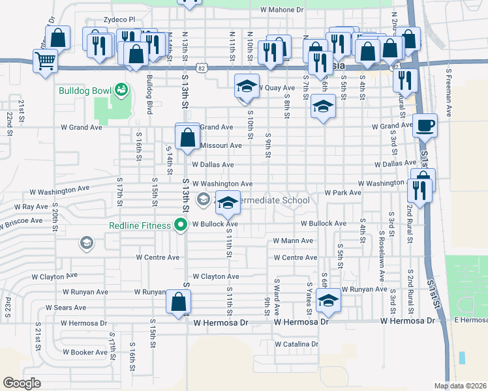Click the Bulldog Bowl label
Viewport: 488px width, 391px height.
(x=84, y=90)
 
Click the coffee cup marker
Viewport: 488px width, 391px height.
(x=425, y=125)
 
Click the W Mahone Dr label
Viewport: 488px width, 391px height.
(x=282, y=10)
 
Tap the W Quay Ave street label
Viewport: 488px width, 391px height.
(x=277, y=88)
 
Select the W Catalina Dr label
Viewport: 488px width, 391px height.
(x=296, y=344)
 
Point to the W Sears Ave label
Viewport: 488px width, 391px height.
(x=66, y=308)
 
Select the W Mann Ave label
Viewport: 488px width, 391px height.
(x=293, y=241)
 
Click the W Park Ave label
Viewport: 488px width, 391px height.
(x=343, y=193)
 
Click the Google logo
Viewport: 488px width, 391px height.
(x=22, y=383)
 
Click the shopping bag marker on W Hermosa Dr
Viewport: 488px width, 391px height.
(x=178, y=302)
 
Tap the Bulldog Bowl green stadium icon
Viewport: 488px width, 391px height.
(x=120, y=89)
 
